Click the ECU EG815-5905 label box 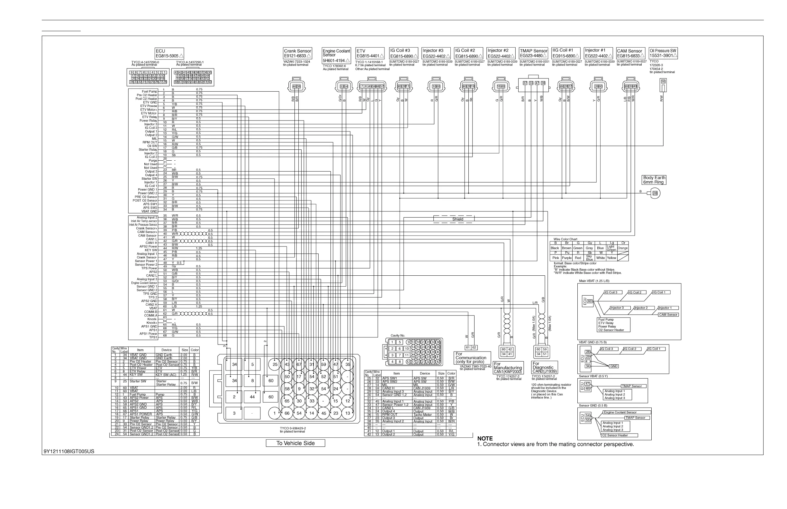169,54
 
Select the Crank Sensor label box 297,54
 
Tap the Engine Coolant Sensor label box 336,56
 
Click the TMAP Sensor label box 533,53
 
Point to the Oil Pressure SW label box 663,53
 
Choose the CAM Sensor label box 630,53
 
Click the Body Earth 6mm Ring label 654,180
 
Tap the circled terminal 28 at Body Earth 655,193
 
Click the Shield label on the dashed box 458,219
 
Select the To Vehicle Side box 295,443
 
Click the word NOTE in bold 485,439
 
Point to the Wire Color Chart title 565,239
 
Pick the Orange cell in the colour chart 623,248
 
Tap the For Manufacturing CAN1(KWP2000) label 508,368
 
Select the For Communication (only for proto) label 472,358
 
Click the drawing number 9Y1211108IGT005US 69,451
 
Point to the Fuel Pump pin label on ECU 149,92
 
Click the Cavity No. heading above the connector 397,335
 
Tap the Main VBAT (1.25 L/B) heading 594,281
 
